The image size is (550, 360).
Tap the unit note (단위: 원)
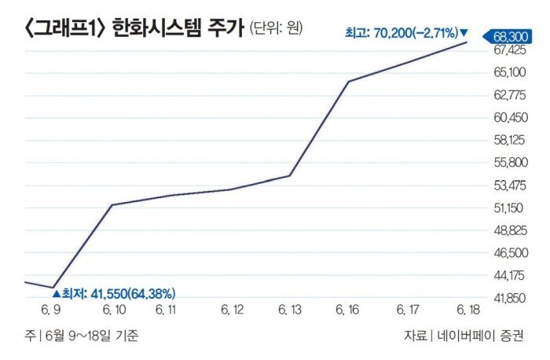tap(276, 29)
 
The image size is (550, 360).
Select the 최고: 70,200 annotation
tap(405, 33)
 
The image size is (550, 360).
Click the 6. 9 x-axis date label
tap(53, 310)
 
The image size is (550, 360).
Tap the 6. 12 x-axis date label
tap(230, 310)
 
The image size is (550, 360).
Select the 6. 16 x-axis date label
tap(348, 310)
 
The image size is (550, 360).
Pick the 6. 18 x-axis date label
tap(467, 310)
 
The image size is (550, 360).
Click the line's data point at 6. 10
tap(112, 205)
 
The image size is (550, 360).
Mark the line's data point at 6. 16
tap(349, 81)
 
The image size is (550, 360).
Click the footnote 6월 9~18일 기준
tap(87, 336)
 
